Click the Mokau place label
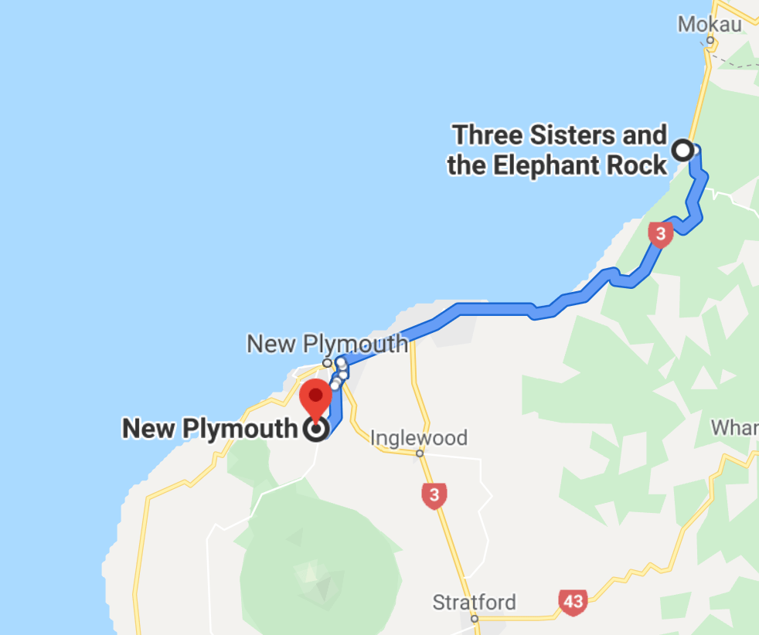[x=709, y=24]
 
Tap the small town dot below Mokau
[x=710, y=40]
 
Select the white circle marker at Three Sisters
[x=683, y=150]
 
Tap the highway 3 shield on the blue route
[x=659, y=234]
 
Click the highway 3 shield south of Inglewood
[x=434, y=495]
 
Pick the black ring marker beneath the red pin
[x=315, y=430]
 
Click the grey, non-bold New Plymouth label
[x=327, y=343]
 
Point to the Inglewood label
[x=419, y=438]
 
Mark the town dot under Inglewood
[x=420, y=453]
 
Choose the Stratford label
[x=474, y=602]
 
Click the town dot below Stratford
[x=475, y=618]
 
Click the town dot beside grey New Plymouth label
[x=327, y=362]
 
